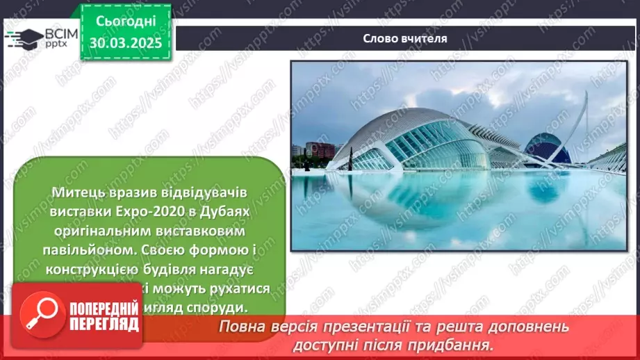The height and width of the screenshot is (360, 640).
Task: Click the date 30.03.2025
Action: click(125, 42)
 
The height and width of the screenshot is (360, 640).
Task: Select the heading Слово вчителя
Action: click(404, 39)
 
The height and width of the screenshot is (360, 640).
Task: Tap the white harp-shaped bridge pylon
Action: click(584, 122)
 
